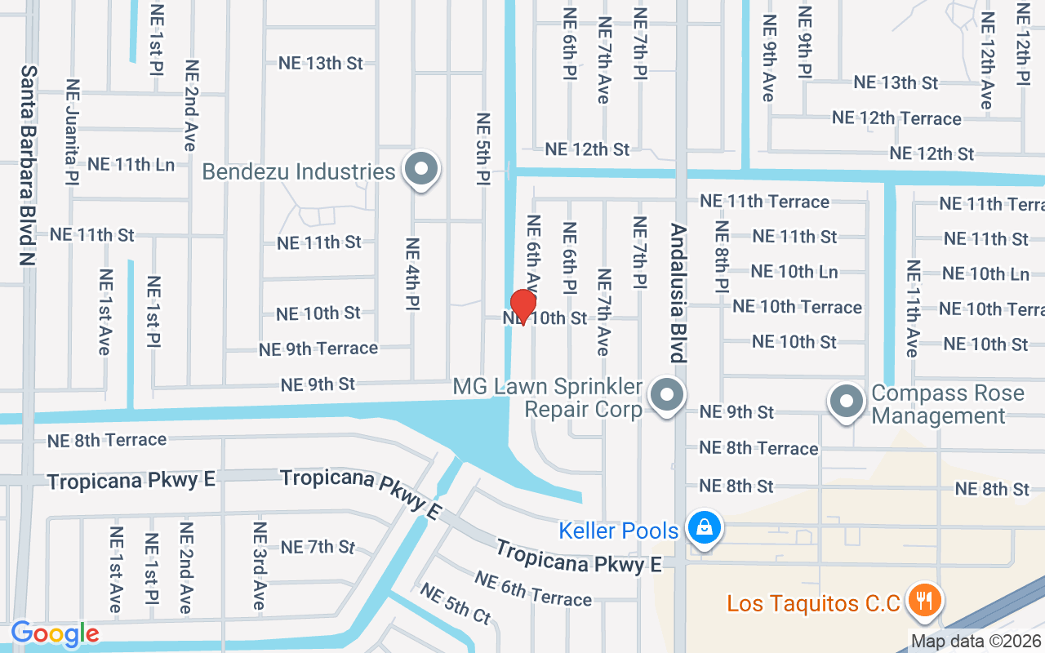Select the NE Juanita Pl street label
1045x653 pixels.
pos(73,131)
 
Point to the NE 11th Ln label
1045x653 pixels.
pos(131,164)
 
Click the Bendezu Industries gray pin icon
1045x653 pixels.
pos(421,170)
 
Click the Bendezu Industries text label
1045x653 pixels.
pos(299,172)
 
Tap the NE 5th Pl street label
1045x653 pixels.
pos(482,148)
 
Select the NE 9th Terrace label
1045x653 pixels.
pos(318,349)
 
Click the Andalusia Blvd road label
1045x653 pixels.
pos(677,293)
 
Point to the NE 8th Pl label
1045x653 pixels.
pos(721,256)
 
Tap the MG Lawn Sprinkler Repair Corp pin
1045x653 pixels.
pos(667,397)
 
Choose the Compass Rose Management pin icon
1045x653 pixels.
pos(847,402)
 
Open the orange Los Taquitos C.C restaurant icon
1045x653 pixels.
pos(925,602)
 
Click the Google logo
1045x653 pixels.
pos(55,633)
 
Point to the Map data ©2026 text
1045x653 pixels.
pos(976,642)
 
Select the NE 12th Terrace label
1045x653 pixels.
pos(896,118)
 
